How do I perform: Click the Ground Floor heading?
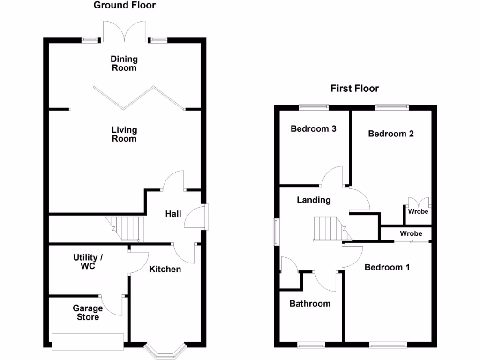click(124, 6)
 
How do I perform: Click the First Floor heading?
click(354, 89)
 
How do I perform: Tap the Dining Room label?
click(124, 63)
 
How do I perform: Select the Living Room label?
click(124, 134)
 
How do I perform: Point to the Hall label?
click(173, 214)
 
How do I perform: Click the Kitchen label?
click(165, 269)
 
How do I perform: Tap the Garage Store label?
click(88, 313)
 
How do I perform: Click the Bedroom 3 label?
click(313, 129)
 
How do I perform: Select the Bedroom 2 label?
click(390, 134)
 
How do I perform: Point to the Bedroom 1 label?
click(387, 267)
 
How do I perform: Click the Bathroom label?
click(310, 304)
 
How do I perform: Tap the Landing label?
click(314, 200)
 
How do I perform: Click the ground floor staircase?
click(126, 228)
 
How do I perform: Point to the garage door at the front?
click(88, 341)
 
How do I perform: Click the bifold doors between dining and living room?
click(139, 98)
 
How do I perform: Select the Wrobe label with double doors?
click(418, 211)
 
